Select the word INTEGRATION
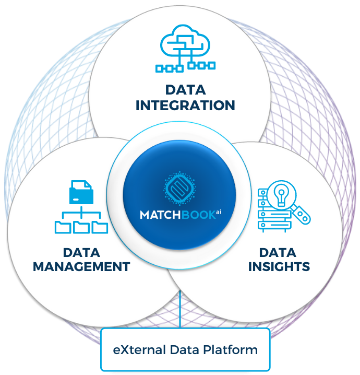point(185,106)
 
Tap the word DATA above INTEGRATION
point(185,89)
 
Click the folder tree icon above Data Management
point(81,207)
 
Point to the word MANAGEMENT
point(81,266)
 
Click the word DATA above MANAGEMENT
point(81,253)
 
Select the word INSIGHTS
point(279,266)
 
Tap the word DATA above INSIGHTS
point(279,253)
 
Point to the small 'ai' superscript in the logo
point(219,212)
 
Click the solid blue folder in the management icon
point(80,192)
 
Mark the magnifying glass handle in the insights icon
point(302,214)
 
